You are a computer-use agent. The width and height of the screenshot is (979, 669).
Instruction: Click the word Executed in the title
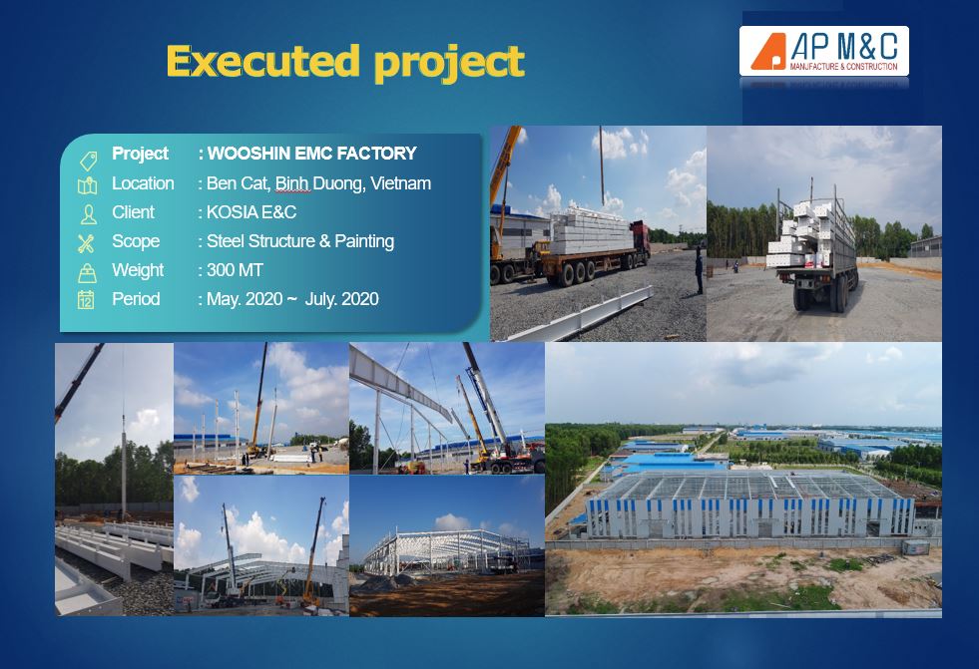263,61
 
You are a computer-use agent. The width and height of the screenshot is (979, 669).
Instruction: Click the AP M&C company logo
823,51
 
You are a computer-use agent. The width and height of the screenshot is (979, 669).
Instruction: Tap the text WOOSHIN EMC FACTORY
311,154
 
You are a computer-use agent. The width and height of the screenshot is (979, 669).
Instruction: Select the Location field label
143,183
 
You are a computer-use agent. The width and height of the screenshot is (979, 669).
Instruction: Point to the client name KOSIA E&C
251,212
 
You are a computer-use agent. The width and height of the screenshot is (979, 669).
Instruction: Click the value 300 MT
235,270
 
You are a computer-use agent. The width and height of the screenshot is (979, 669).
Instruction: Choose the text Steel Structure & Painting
300,241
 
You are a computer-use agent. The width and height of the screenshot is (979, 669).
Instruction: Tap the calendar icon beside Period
86,300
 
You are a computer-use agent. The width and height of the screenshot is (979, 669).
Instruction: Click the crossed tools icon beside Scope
86,243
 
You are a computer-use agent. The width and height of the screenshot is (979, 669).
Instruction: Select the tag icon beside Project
89,161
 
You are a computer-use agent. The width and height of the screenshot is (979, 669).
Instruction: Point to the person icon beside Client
89,214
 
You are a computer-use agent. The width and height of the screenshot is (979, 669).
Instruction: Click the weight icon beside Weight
87,272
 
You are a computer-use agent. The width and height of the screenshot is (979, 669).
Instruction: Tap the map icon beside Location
87,185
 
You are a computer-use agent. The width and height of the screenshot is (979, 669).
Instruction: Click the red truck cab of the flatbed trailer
641,239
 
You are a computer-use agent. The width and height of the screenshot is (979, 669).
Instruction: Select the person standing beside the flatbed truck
699,269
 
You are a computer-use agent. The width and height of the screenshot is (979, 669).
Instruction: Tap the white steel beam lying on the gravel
581,316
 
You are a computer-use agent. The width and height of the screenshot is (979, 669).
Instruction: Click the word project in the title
449,63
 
